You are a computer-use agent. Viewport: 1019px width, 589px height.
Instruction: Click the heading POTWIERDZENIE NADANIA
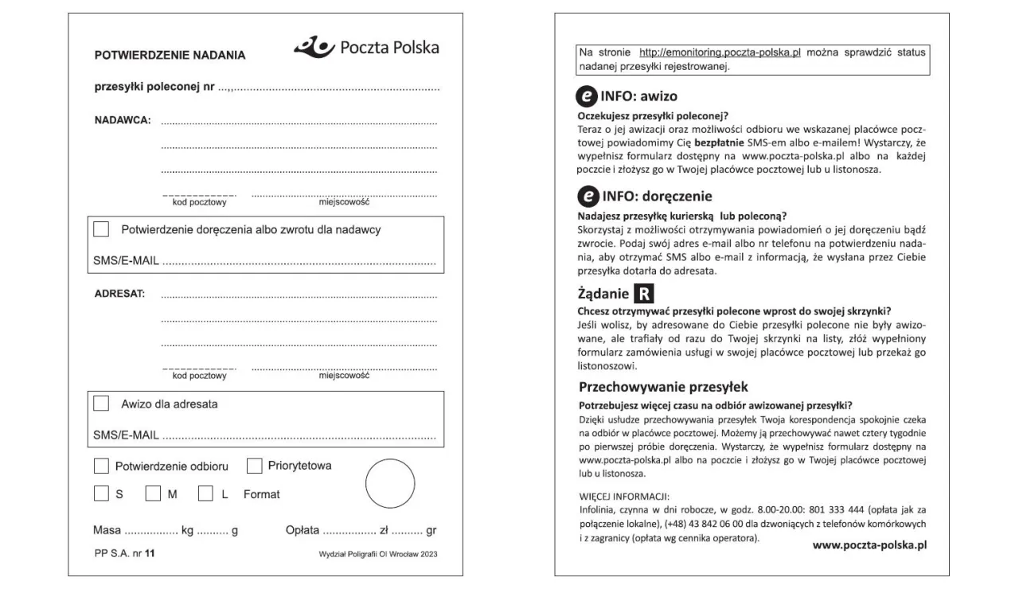(x=170, y=56)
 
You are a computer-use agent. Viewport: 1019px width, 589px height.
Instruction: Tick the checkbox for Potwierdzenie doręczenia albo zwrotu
(x=101, y=229)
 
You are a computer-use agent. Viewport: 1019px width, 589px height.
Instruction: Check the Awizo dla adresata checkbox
(x=101, y=404)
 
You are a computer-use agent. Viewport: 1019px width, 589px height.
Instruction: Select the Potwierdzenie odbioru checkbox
(x=101, y=466)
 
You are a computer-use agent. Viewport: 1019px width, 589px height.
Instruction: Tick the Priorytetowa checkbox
(x=255, y=466)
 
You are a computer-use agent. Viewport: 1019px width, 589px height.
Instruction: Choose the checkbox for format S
(x=101, y=494)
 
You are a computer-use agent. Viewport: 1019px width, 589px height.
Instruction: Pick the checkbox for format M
(x=153, y=494)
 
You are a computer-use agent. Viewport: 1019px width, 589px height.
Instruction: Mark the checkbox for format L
(x=205, y=494)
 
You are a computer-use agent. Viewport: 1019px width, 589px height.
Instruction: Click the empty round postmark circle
(x=390, y=484)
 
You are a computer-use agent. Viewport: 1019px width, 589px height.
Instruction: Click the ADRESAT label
(x=119, y=293)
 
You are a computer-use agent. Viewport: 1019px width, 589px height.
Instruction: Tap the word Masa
(x=107, y=530)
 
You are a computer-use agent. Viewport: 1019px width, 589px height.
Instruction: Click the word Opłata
(x=302, y=530)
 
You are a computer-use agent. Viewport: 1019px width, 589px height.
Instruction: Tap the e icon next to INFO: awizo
(x=586, y=96)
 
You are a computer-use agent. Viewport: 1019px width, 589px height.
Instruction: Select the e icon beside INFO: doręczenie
(x=586, y=196)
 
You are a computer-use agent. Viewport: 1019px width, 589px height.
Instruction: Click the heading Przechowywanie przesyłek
(x=663, y=388)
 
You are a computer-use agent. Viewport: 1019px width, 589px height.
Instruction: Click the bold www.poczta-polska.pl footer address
(x=869, y=545)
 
